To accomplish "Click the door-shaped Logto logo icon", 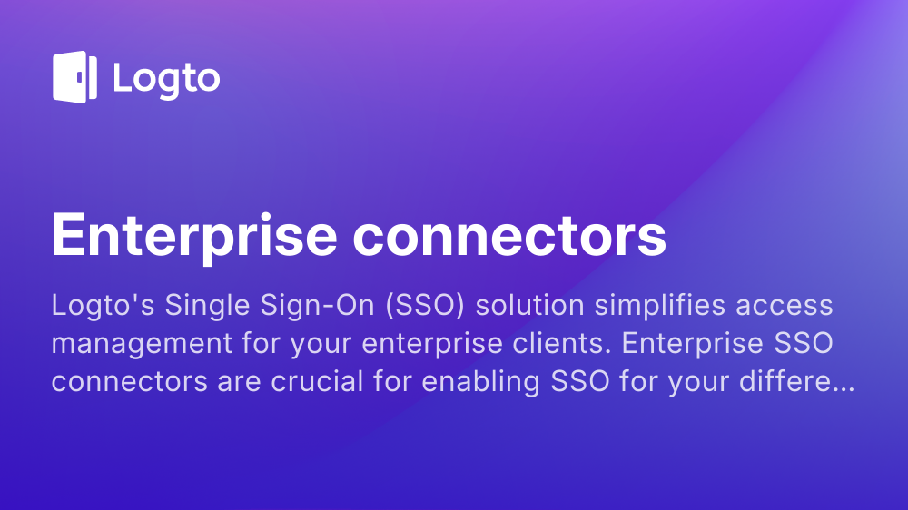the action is (74, 77).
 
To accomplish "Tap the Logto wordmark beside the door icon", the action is (167, 79).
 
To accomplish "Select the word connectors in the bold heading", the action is (509, 236).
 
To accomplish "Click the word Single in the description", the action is (207, 306).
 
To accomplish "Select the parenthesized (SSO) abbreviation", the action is (425, 306).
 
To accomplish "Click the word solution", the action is (530, 305).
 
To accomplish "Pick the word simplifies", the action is (660, 306).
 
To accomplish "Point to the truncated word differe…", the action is (797, 381).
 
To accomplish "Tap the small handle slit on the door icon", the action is (80, 77).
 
